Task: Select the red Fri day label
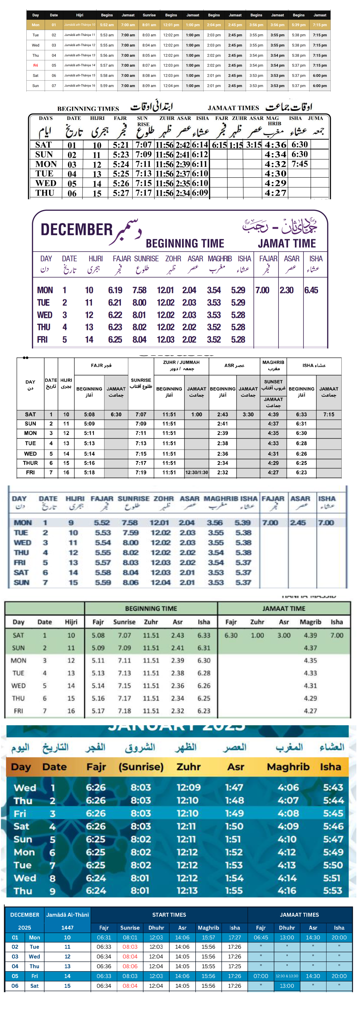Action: [36, 65]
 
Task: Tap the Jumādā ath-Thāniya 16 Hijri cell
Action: [80, 85]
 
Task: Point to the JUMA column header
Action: [315, 118]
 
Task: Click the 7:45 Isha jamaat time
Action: [300, 164]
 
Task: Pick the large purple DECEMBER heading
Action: [77, 230]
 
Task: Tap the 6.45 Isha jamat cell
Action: [311, 290]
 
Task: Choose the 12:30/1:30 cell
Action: [196, 472]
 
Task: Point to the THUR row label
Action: [31, 463]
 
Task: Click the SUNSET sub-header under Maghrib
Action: [273, 382]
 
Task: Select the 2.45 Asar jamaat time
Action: [298, 523]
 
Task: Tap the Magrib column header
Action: [310, 622]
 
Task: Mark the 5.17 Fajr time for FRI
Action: [98, 711]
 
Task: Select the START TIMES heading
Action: [169, 915]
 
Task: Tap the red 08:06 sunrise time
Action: [130, 966]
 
